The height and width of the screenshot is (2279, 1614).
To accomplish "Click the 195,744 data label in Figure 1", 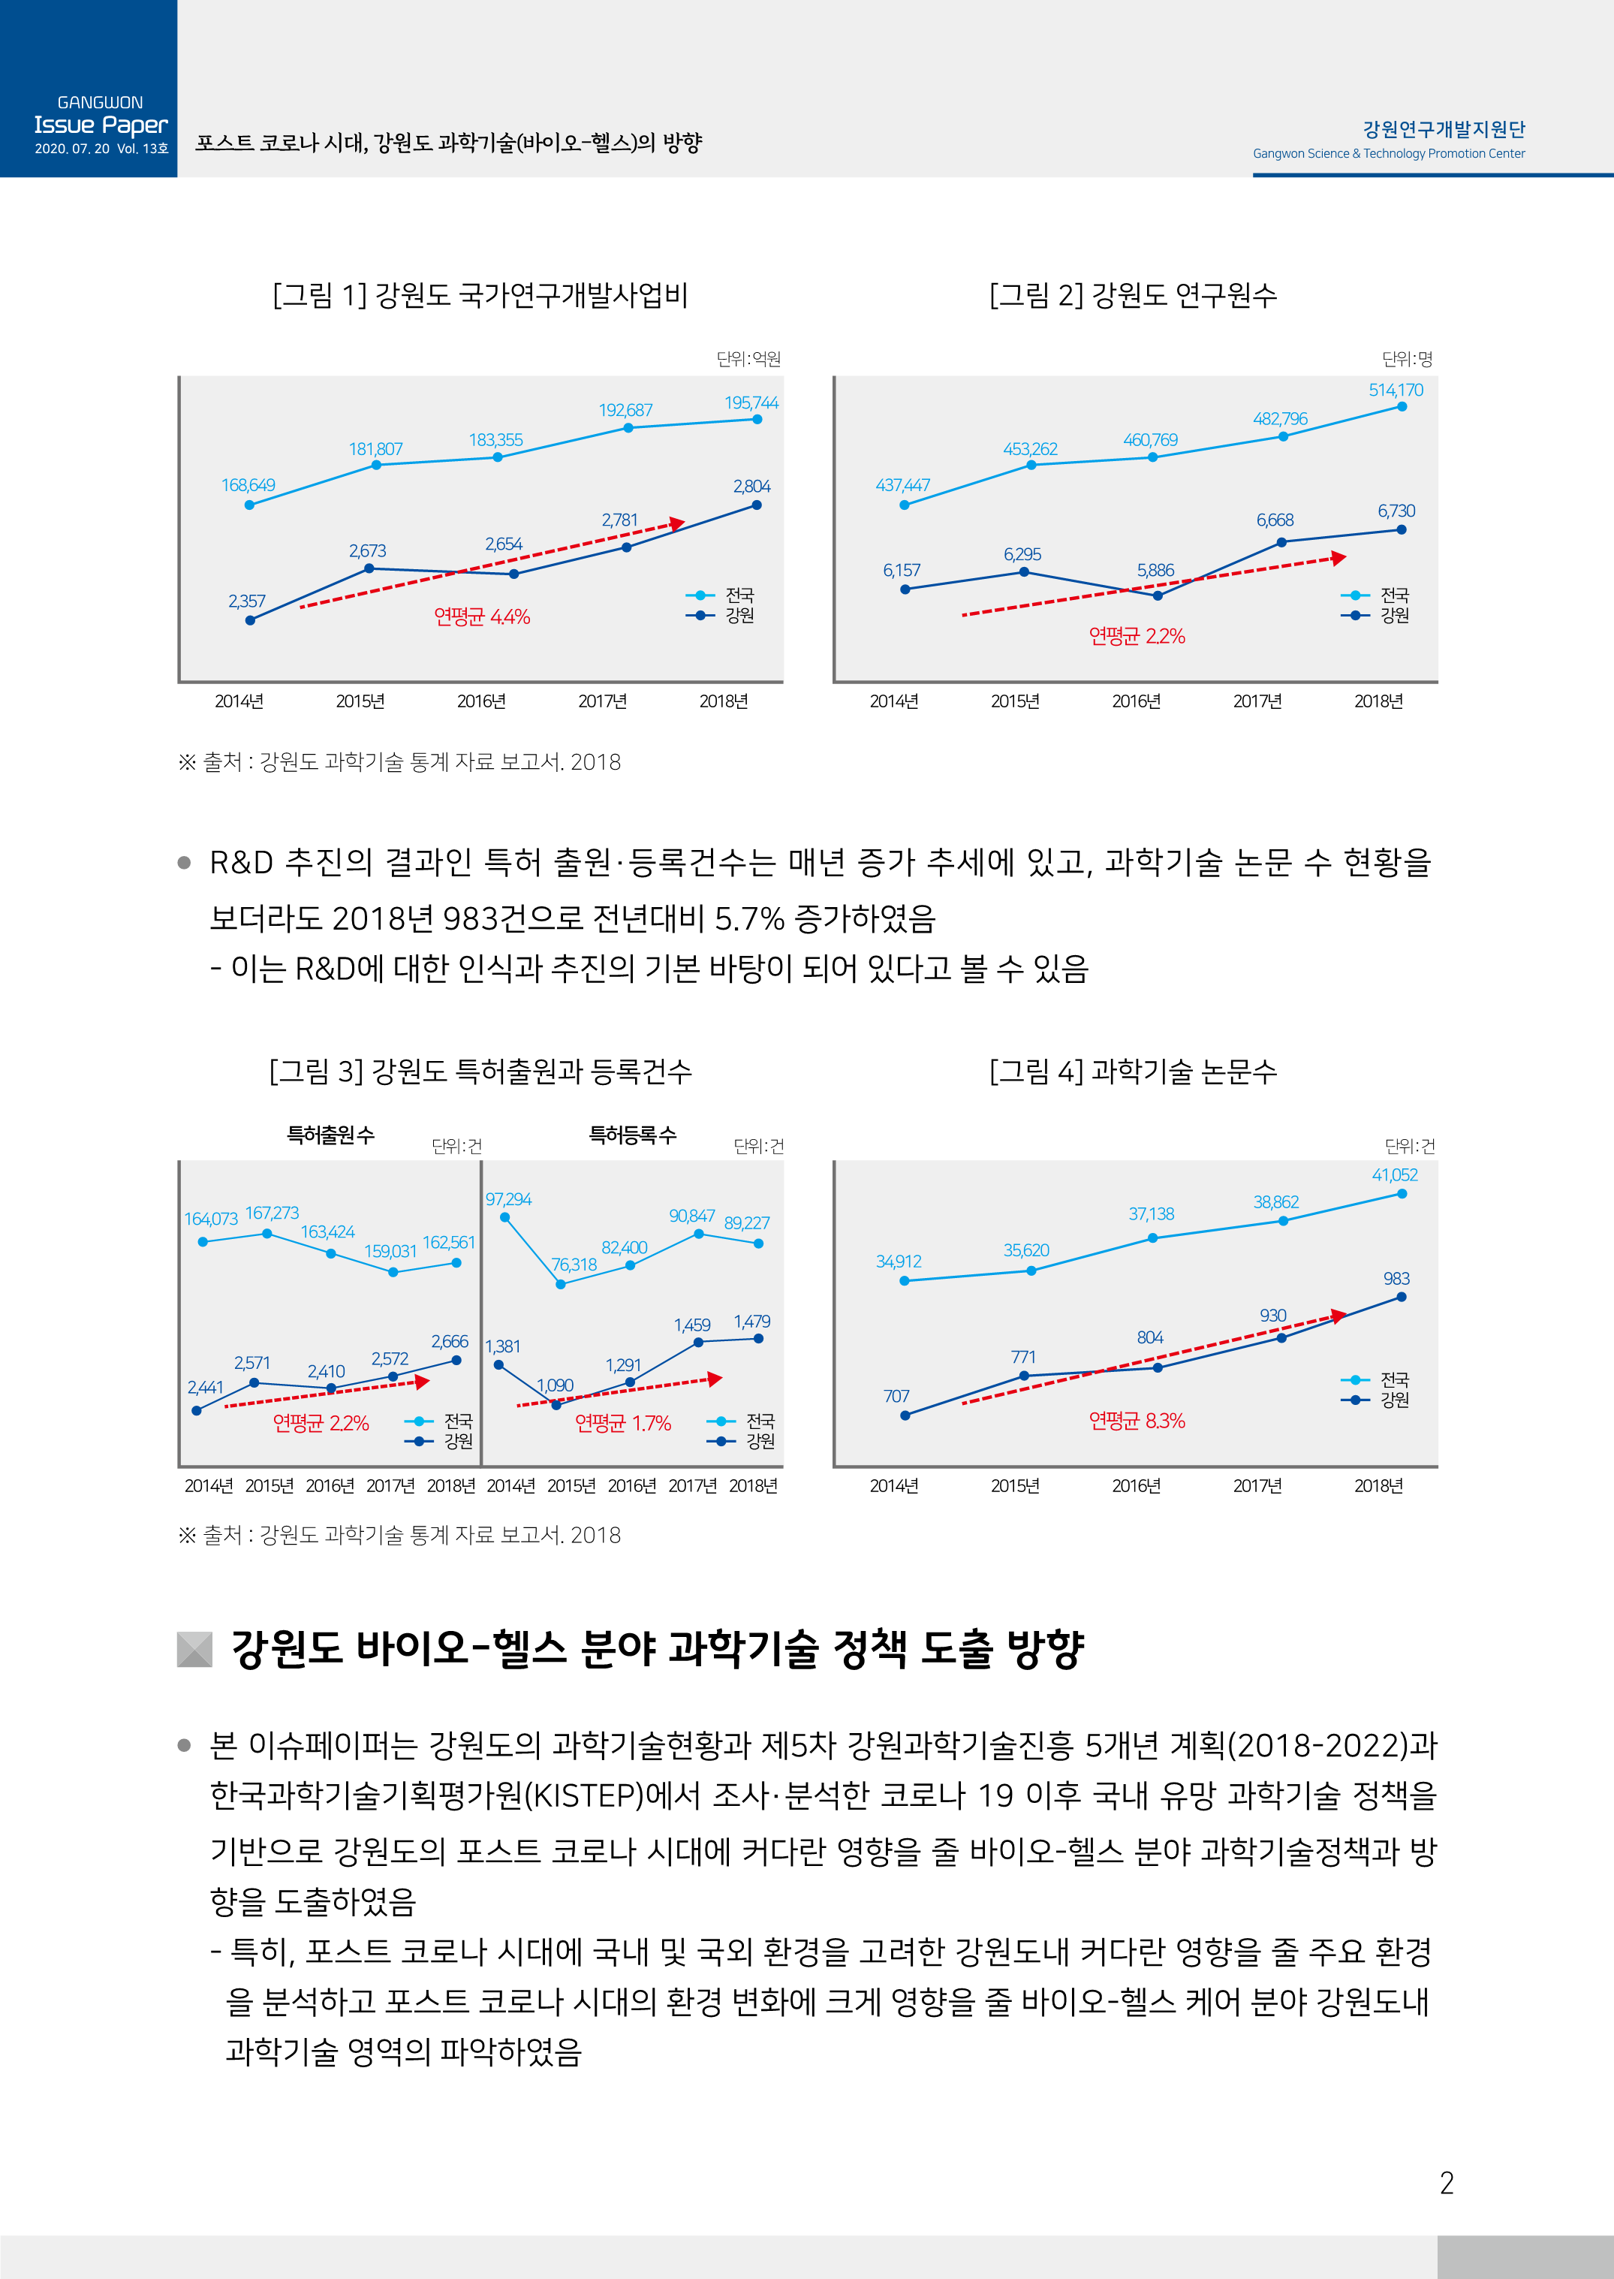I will (751, 402).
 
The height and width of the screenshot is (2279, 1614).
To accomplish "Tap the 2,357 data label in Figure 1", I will (246, 601).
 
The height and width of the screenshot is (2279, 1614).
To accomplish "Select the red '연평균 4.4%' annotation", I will (482, 617).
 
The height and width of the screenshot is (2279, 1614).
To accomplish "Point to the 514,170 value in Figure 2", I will (1396, 390).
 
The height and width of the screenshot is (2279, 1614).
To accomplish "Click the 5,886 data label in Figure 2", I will (1155, 571).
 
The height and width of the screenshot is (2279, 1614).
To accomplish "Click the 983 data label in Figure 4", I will (1396, 1279).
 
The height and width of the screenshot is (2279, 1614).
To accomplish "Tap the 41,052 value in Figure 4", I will (1394, 1174).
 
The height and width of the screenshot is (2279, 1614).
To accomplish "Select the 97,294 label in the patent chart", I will (508, 1200).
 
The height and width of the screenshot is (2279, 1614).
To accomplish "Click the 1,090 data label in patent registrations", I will (555, 1385).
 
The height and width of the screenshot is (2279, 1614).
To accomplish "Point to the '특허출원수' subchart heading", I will (331, 1135).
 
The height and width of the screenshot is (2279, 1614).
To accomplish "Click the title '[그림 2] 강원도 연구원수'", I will (1133, 295).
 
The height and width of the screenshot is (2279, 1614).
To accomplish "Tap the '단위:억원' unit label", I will (748, 359).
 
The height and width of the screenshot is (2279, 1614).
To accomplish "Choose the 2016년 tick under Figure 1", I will (481, 701).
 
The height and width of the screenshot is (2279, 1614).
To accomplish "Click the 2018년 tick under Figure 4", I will (1378, 1486).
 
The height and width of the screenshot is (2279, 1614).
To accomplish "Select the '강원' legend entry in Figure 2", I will (1394, 615).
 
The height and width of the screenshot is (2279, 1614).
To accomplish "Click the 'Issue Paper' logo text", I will (101, 125).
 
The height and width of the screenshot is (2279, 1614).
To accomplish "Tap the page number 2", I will (1446, 2183).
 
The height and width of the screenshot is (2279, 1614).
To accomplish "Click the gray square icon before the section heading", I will (194, 1649).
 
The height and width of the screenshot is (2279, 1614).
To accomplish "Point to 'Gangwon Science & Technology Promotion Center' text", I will (1388, 154).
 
